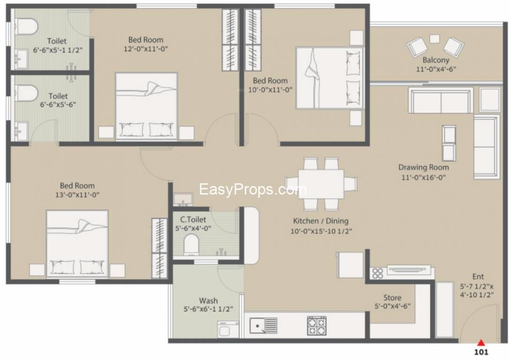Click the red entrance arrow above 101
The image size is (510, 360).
tap(481, 343)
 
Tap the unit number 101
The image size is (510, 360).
tap(481, 352)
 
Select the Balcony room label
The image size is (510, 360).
tap(436, 60)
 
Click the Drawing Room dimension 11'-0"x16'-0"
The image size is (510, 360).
tap(423, 177)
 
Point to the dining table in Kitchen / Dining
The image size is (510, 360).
tap(321, 184)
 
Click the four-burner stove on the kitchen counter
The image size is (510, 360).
tap(317, 325)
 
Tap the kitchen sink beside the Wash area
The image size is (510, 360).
tap(263, 325)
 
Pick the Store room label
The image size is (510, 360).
tap(392, 298)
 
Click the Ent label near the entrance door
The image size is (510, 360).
tap(478, 277)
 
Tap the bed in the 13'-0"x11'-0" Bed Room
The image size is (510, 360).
tap(77, 244)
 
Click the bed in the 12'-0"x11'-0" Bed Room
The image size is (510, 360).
tap(146, 106)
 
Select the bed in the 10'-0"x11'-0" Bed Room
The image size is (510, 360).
tap(330, 78)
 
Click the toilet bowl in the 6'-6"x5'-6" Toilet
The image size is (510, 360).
tap(26, 93)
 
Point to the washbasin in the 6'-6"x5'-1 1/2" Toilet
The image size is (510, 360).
tap(22, 59)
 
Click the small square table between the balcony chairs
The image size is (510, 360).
tap(435, 39)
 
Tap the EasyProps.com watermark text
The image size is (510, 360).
tap(253, 189)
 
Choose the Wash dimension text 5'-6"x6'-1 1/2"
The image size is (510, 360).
tap(208, 309)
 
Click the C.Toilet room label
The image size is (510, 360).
tap(193, 219)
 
